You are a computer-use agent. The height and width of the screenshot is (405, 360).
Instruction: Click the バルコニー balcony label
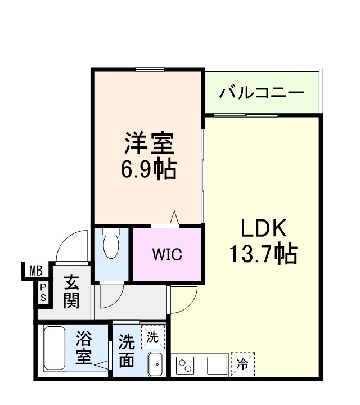(x=262, y=92)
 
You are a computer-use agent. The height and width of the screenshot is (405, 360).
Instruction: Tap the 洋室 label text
(x=148, y=143)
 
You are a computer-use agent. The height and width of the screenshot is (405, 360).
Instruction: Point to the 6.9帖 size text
(x=148, y=168)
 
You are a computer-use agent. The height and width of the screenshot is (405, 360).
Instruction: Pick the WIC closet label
(x=167, y=254)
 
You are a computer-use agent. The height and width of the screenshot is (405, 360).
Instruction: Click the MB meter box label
(x=36, y=271)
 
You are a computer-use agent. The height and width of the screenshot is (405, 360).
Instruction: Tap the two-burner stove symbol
(x=186, y=366)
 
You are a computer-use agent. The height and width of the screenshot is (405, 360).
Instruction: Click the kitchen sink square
(x=217, y=366)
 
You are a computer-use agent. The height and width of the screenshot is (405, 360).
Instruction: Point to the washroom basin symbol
(x=156, y=364)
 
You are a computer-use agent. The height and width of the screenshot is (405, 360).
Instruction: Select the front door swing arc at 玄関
(x=73, y=247)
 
